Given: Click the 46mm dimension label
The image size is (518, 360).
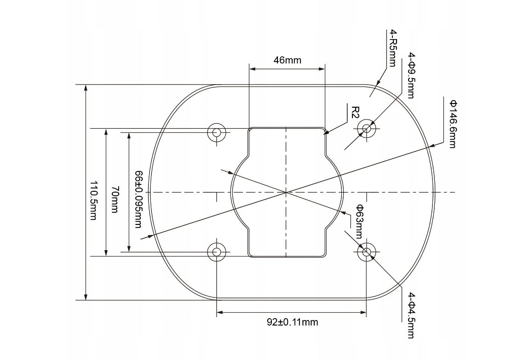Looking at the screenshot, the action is [x=288, y=60].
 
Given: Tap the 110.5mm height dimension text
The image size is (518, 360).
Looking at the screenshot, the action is [x=94, y=200].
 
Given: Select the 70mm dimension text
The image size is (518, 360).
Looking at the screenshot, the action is [x=114, y=200].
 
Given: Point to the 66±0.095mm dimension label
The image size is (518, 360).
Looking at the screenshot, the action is [x=138, y=199].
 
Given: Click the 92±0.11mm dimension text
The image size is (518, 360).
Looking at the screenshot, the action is [x=293, y=322].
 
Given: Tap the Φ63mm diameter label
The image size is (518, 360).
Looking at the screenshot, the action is [x=359, y=221].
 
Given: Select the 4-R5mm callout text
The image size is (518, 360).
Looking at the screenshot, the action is [x=392, y=48].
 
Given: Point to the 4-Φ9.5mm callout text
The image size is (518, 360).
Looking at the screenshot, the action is [x=411, y=75].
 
